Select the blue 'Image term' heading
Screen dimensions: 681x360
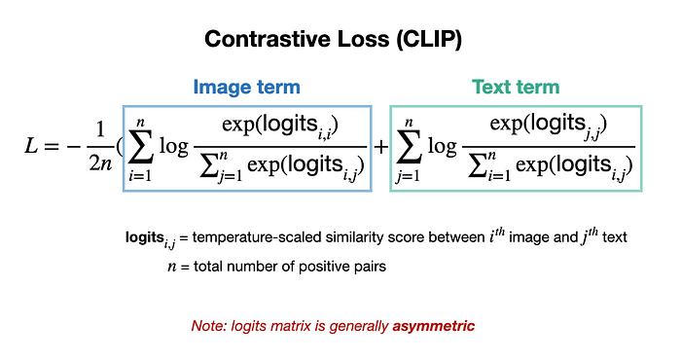pos(247,87)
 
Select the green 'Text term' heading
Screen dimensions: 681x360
pos(516,87)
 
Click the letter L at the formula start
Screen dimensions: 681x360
pos(31,146)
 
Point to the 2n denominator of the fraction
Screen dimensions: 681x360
pos(100,163)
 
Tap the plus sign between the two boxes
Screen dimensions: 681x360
pos(381,147)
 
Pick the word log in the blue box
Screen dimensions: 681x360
pos(174,146)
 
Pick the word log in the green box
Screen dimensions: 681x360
pos(442,146)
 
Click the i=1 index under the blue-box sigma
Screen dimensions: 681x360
pos(140,175)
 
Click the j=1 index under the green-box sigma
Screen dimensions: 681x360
pos(408,176)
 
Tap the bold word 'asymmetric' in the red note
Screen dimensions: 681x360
pos(434,326)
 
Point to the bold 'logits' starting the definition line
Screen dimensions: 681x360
pos(144,237)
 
